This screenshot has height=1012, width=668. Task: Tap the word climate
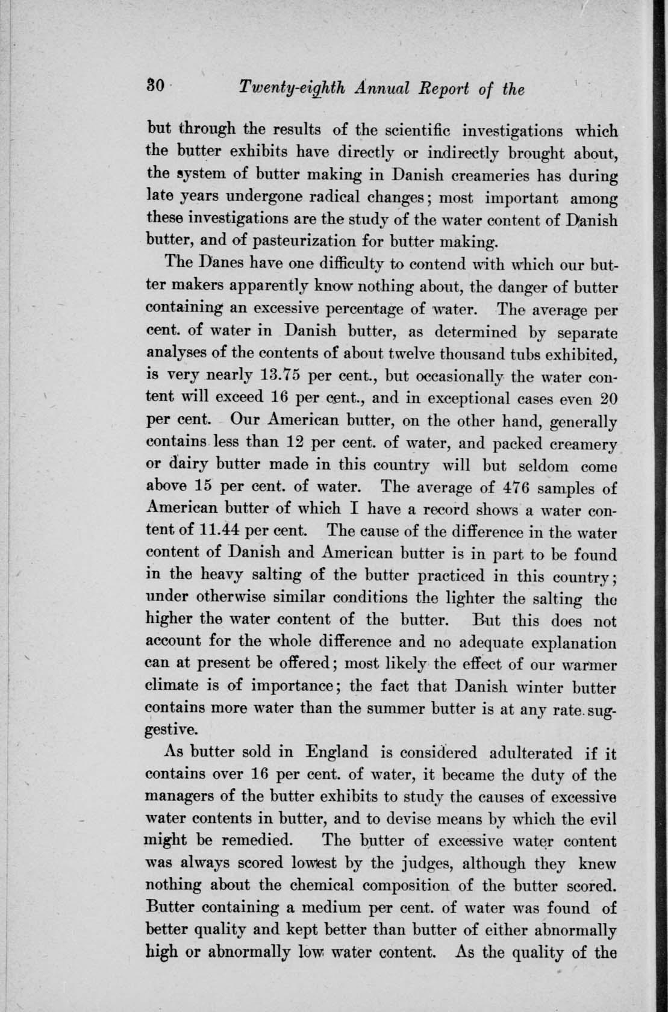(x=173, y=686)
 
